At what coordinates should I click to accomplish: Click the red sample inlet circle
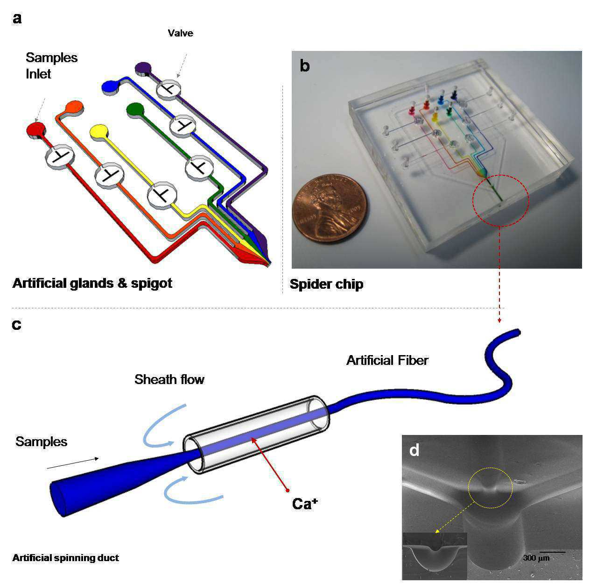(x=36, y=129)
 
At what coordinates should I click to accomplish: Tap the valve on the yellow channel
(x=162, y=195)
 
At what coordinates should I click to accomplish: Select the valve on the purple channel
(x=169, y=89)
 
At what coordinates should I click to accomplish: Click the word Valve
(x=181, y=33)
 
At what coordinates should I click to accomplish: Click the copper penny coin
(x=330, y=208)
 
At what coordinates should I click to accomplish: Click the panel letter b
(x=305, y=66)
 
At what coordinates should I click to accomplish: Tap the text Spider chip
(x=326, y=284)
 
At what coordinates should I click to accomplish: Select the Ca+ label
(x=305, y=504)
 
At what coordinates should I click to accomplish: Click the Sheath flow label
(x=169, y=379)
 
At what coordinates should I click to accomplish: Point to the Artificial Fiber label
(x=387, y=360)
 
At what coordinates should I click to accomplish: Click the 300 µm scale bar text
(x=536, y=558)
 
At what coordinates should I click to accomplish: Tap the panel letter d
(x=414, y=450)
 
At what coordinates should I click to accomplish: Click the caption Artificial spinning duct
(x=65, y=558)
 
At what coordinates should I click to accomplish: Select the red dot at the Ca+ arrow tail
(x=288, y=491)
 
